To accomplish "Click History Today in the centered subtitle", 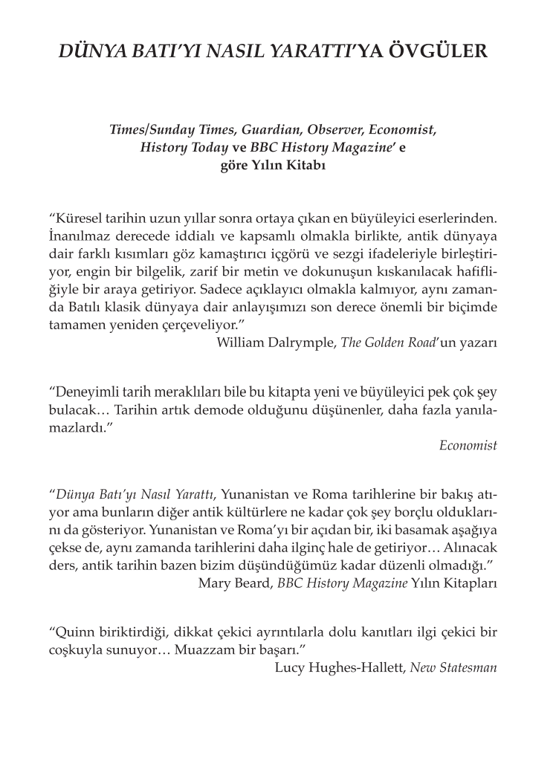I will [184, 147].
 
